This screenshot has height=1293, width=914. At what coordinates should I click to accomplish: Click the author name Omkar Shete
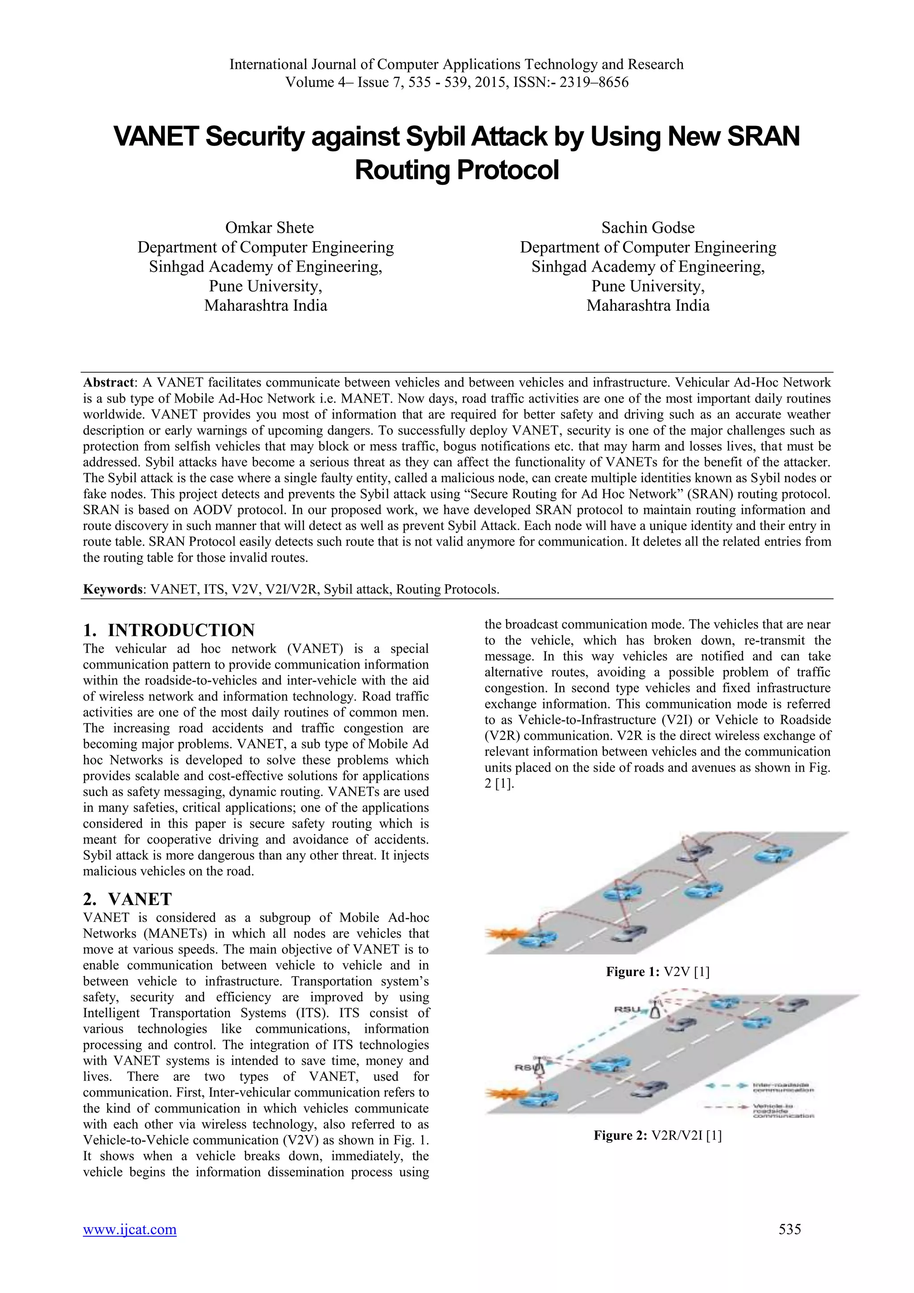click(269, 228)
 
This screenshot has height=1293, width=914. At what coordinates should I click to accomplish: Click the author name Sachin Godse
click(648, 228)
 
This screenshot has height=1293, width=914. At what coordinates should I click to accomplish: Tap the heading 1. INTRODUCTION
click(169, 630)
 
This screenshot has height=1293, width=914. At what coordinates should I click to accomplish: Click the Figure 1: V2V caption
click(657, 972)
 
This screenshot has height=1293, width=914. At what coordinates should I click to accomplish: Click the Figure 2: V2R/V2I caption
click(657, 1135)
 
